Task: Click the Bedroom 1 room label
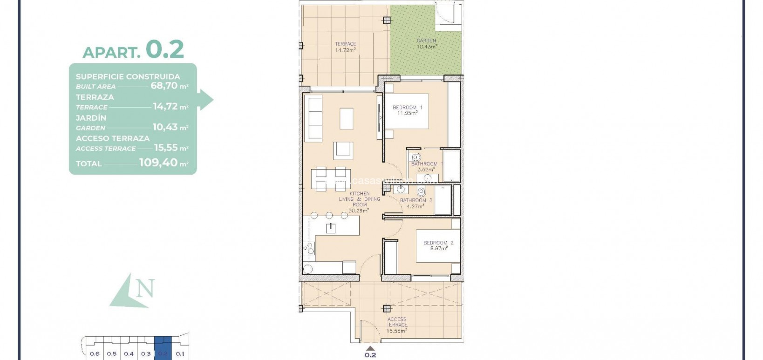coord(407,108)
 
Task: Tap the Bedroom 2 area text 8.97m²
coord(438,248)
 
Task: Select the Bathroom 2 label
coord(416,200)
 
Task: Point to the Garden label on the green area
coord(426,41)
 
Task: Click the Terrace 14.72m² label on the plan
coord(345,47)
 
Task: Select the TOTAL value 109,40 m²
coord(163,163)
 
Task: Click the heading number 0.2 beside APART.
coord(165,49)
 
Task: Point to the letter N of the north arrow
coord(146,289)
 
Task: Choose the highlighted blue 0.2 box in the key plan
coord(163,353)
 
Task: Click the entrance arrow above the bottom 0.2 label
coord(370,347)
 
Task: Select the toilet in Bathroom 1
coord(416,157)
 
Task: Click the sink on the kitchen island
coord(331,228)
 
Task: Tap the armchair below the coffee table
coord(343,150)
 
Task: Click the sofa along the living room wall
coord(315,119)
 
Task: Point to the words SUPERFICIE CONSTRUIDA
coord(128,77)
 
